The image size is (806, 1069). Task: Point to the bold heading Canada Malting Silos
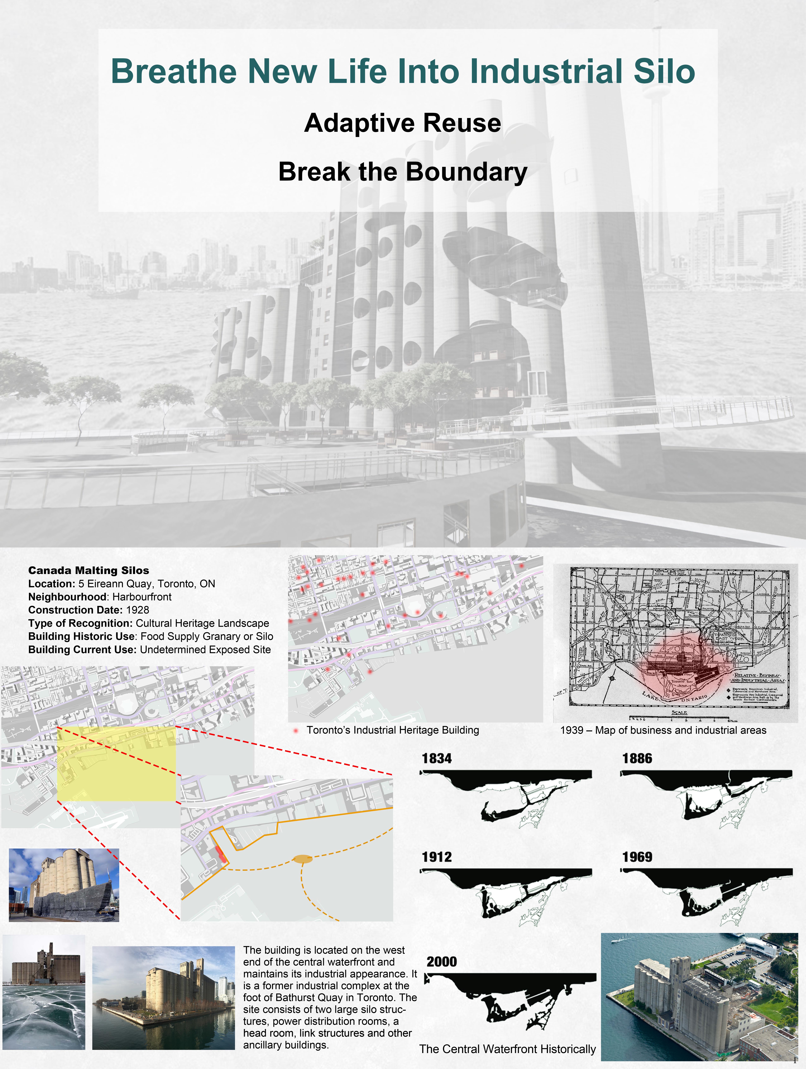89,570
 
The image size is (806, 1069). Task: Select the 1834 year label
437,758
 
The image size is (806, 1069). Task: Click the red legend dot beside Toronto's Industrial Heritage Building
295,730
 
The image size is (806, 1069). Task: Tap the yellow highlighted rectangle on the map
116,764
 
